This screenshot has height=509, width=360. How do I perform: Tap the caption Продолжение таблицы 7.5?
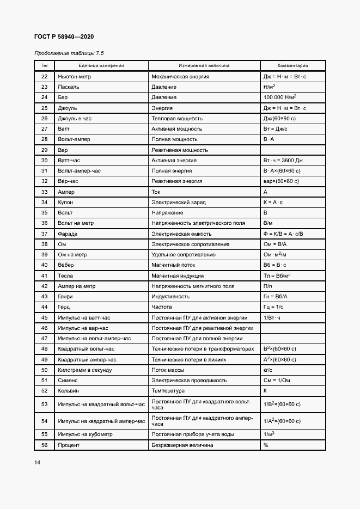[x=69, y=53]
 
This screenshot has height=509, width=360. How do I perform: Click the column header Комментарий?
[x=292, y=65]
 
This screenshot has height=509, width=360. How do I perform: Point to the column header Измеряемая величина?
[x=204, y=65]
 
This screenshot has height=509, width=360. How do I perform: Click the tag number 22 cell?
[x=45, y=77]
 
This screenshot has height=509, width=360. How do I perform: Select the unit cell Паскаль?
[x=68, y=87]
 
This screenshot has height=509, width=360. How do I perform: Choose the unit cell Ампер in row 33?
[x=66, y=192]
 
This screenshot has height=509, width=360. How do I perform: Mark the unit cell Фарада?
[x=68, y=234]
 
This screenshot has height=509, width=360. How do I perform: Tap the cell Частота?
[x=163, y=307]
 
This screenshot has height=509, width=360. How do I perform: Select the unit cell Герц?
[x=65, y=307]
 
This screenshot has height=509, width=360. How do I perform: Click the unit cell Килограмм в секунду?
[x=84, y=370]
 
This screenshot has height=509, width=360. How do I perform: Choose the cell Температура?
[x=168, y=391]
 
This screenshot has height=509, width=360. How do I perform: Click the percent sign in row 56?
[x=266, y=445]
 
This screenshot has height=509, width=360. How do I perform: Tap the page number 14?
[x=37, y=463]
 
